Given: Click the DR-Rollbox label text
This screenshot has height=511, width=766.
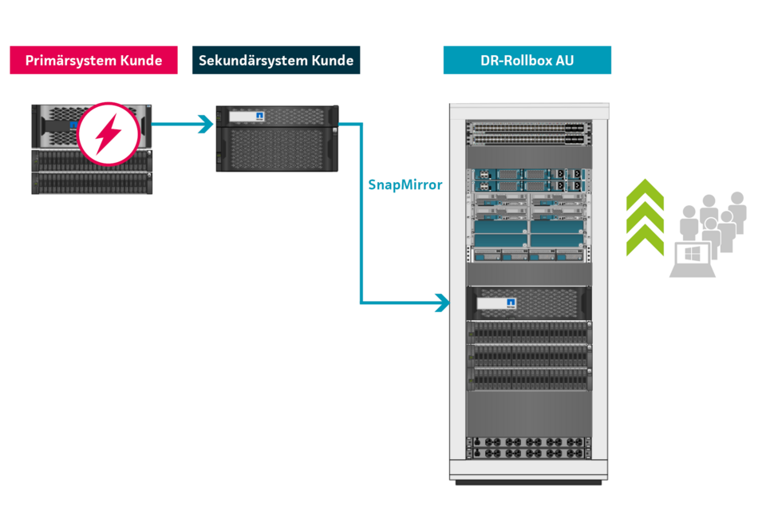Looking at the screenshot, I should click(515, 61).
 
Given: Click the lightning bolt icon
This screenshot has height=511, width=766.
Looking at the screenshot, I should click(109, 134).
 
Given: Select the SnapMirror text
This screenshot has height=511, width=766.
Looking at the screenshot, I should click(405, 184).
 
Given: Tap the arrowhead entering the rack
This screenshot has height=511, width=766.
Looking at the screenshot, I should click(441, 303).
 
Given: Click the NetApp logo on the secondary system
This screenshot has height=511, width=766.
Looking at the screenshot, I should click(259, 117).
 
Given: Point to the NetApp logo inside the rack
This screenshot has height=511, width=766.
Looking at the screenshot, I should click(511, 303).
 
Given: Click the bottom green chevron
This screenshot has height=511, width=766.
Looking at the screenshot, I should click(645, 242).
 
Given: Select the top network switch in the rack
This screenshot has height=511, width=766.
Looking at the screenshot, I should click(528, 126).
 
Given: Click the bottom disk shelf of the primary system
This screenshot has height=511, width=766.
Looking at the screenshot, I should click(90, 183).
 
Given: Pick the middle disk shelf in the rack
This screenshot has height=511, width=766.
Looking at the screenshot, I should click(528, 355).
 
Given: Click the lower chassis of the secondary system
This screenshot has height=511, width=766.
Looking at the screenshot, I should click(277, 149).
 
